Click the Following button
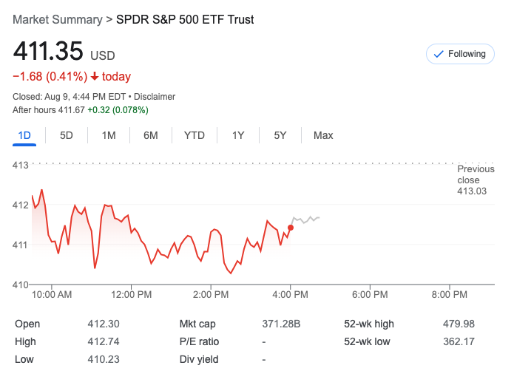[x=459, y=54]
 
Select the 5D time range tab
[x=67, y=135]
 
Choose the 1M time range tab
[x=109, y=135]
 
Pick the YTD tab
[x=195, y=135]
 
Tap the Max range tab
[x=323, y=135]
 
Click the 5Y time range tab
[x=280, y=135]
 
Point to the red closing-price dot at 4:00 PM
[x=291, y=228]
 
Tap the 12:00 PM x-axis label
[x=131, y=295]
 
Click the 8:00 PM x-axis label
[x=450, y=295]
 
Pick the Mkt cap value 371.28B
[x=282, y=324]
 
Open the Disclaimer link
[x=155, y=97]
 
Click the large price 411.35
[x=48, y=52]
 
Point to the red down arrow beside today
[x=95, y=76]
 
